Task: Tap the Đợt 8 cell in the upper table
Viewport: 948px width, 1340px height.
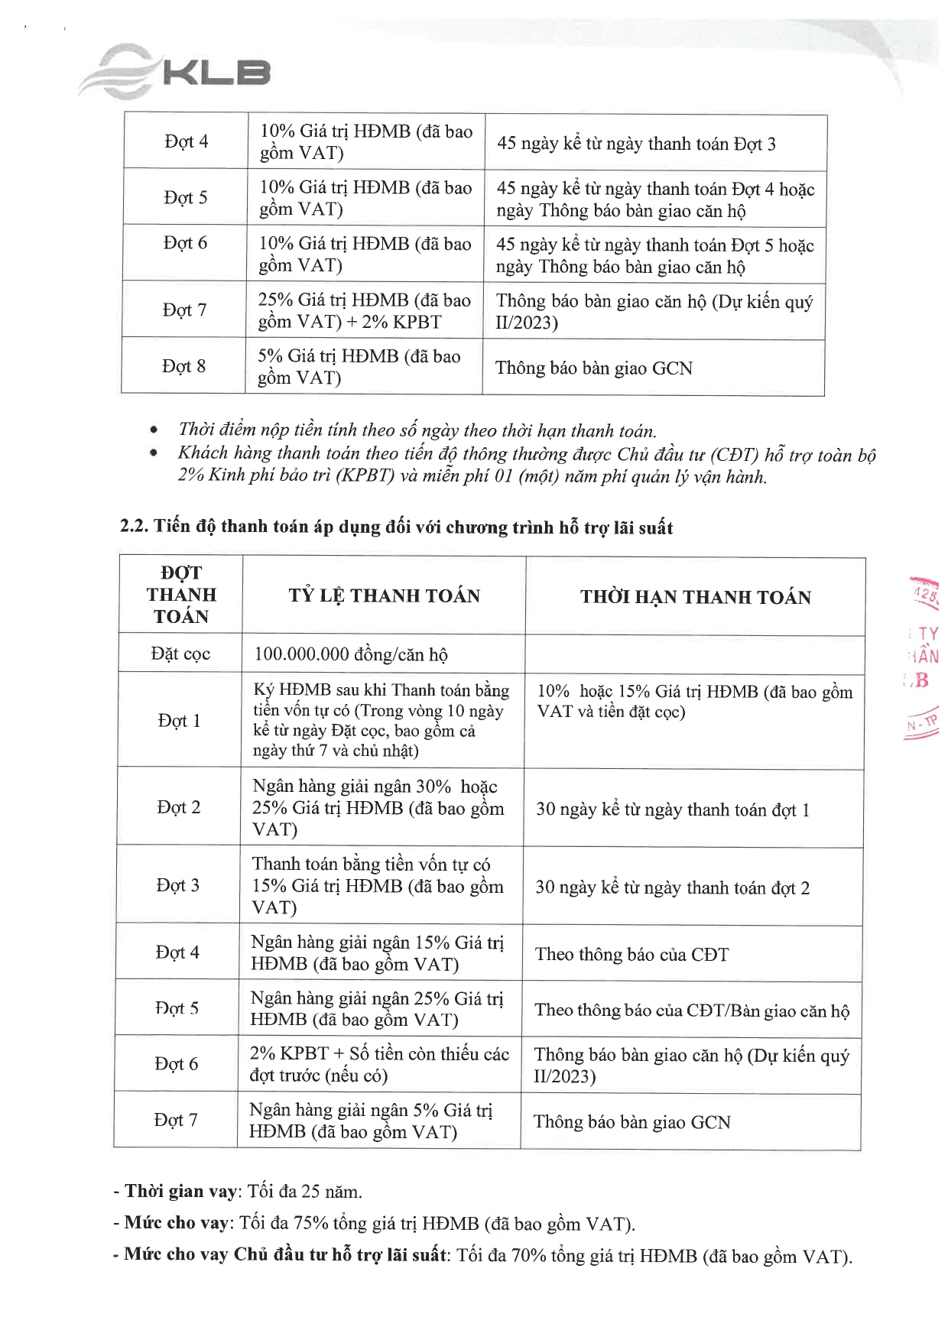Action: click(x=183, y=366)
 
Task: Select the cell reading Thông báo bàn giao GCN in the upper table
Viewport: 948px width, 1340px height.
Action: click(x=593, y=368)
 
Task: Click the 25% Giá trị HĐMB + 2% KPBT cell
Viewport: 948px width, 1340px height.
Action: click(x=364, y=310)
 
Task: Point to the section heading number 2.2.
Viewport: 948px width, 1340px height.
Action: click(x=134, y=527)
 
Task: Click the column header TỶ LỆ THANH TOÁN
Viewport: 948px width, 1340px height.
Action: click(x=384, y=596)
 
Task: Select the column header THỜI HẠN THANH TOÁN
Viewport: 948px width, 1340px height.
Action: click(x=695, y=597)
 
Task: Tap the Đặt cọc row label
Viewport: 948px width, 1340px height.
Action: click(x=180, y=654)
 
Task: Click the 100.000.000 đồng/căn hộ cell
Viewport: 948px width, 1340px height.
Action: click(x=351, y=655)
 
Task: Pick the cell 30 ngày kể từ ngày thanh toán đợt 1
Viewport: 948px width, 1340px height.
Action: click(x=673, y=810)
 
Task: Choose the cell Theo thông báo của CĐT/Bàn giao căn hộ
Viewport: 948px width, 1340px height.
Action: click(x=692, y=1011)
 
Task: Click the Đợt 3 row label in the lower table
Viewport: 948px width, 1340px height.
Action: click(x=177, y=885)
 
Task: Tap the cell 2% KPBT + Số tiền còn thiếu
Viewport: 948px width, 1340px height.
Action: click(x=379, y=1064)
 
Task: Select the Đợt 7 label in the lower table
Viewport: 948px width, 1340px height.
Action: click(x=176, y=1120)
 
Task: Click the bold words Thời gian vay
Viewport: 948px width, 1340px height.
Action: click(x=169, y=1191)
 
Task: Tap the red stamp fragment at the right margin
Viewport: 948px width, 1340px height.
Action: click(x=923, y=657)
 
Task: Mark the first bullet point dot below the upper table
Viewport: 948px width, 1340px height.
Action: click(x=155, y=430)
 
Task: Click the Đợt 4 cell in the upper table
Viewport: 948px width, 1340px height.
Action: click(x=186, y=141)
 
